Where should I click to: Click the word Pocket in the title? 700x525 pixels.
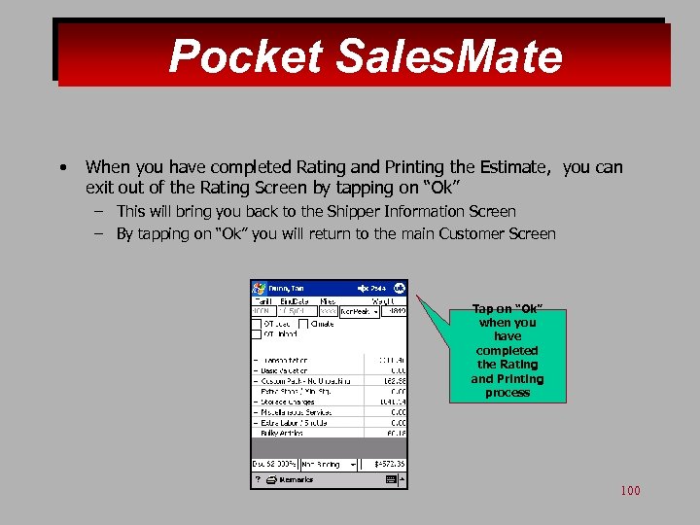click(245, 56)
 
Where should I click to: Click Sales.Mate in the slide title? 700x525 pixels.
click(448, 56)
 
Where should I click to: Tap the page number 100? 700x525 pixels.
click(630, 491)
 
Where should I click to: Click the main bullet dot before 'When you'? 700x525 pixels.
click(62, 168)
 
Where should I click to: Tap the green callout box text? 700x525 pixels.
click(507, 351)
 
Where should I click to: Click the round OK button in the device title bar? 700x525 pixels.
click(399, 289)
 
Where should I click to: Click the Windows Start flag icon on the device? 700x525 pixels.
click(260, 289)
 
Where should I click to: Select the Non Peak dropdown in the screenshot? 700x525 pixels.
click(360, 312)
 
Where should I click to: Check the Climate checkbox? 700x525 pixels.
click(304, 324)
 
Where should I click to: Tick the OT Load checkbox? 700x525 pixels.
click(257, 324)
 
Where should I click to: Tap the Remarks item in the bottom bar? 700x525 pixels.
click(296, 480)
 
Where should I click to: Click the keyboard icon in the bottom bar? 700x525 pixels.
click(391, 480)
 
